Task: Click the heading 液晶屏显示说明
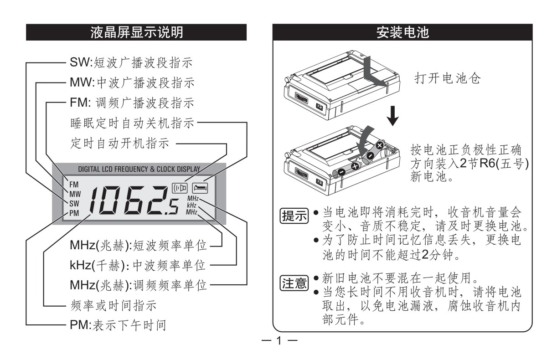pyautogui.click(x=136, y=32)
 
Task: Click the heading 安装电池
pyautogui.click(x=402, y=32)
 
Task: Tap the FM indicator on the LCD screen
pyautogui.click(x=74, y=185)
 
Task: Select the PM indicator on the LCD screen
pyautogui.click(x=74, y=213)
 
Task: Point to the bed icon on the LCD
pyautogui.click(x=200, y=188)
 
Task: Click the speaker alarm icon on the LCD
pyautogui.click(x=180, y=188)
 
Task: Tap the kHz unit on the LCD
pyautogui.click(x=191, y=206)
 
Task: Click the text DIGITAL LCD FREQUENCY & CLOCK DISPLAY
pyautogui.click(x=139, y=170)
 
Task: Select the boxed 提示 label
pyautogui.click(x=294, y=216)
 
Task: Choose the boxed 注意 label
pyautogui.click(x=294, y=283)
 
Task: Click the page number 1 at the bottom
pyautogui.click(x=279, y=340)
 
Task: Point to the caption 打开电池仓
pyautogui.click(x=448, y=78)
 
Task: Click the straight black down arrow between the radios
pyautogui.click(x=392, y=116)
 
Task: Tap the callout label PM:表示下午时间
pyautogui.click(x=118, y=325)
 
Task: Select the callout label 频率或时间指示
pyautogui.click(x=113, y=305)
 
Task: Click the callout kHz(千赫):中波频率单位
pyautogui.click(x=138, y=265)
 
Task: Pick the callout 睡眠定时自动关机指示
pyautogui.click(x=132, y=123)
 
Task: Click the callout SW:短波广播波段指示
pyautogui.click(x=131, y=62)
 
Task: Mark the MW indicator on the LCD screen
pyautogui.click(x=75, y=194)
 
